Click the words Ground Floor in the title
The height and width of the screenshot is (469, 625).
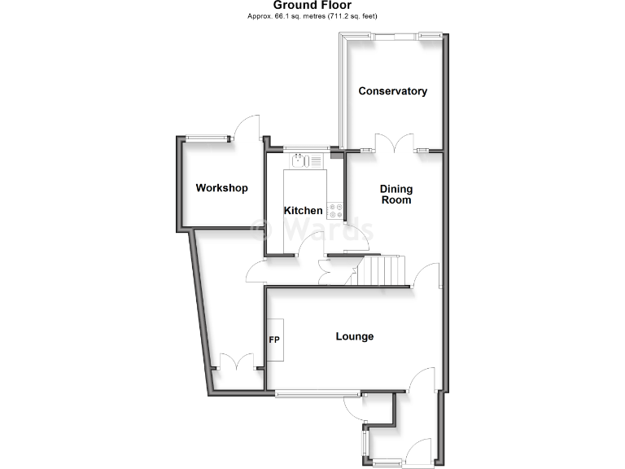(x=312, y=5)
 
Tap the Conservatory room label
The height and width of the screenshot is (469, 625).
(x=393, y=91)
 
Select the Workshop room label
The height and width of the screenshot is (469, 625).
(x=221, y=188)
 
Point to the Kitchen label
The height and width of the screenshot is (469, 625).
(x=303, y=211)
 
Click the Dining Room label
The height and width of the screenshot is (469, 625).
(x=396, y=195)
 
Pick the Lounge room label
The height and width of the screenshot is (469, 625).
(x=355, y=336)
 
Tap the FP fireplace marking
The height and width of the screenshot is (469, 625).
(x=274, y=339)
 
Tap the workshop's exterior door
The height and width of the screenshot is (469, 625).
(x=247, y=130)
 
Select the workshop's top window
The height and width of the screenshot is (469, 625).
(x=207, y=138)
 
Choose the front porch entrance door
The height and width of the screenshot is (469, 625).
(x=421, y=453)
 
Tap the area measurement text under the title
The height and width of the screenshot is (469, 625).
(x=312, y=16)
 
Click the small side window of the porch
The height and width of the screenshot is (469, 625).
(x=365, y=445)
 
